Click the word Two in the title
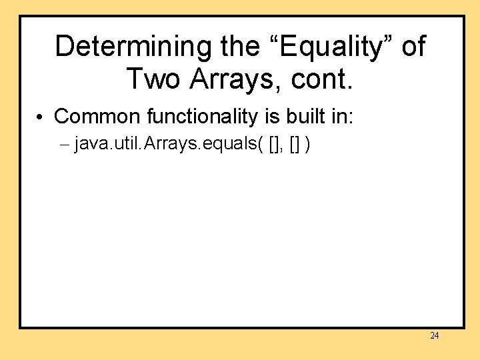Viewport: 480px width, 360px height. pyautogui.click(x=153, y=79)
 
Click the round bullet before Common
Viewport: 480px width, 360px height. pyautogui.click(x=41, y=117)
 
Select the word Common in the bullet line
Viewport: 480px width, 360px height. pyautogui.click(x=98, y=117)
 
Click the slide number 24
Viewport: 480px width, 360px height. pyautogui.click(x=434, y=336)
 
